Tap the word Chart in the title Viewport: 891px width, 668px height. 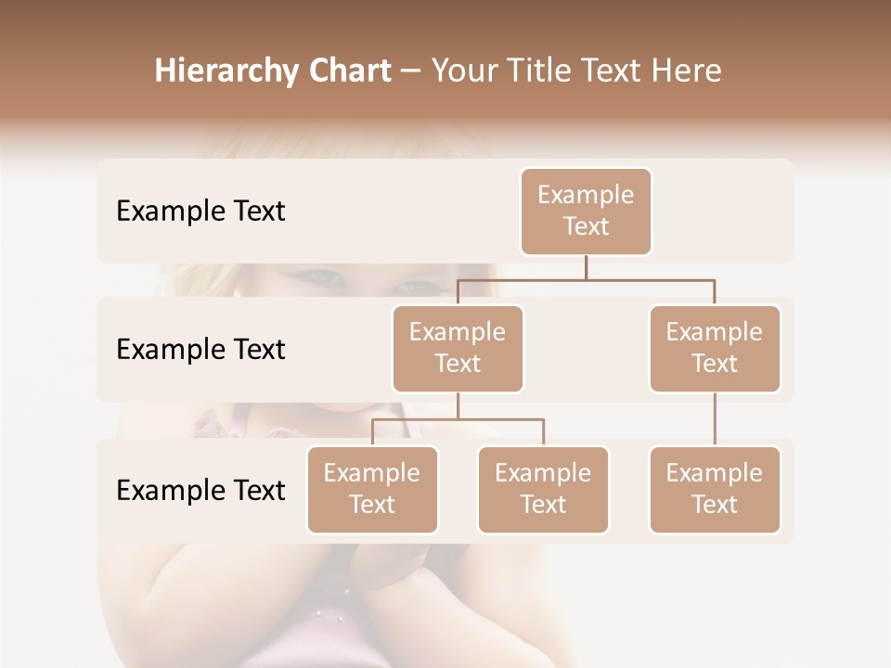pyautogui.click(x=346, y=71)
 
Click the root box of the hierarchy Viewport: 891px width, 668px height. pyautogui.click(x=586, y=211)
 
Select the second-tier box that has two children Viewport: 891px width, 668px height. pyautogui.click(x=458, y=348)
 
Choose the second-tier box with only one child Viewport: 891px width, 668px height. pyautogui.click(x=715, y=348)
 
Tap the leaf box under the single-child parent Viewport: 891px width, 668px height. pyautogui.click(x=715, y=489)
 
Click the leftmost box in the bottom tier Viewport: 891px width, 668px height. pyautogui.click(x=372, y=489)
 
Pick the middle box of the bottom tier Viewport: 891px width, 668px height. pyautogui.click(x=543, y=489)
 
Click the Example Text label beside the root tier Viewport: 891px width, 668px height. pyautogui.click(x=200, y=211)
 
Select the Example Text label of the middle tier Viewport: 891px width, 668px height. pyautogui.click(x=200, y=349)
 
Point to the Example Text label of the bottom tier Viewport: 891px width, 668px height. pyautogui.click(x=200, y=490)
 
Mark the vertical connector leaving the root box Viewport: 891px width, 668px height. pyautogui.click(x=586, y=267)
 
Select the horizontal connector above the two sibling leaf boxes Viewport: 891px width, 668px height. pyautogui.click(x=458, y=419)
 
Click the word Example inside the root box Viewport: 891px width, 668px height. pyautogui.click(x=586, y=195)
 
